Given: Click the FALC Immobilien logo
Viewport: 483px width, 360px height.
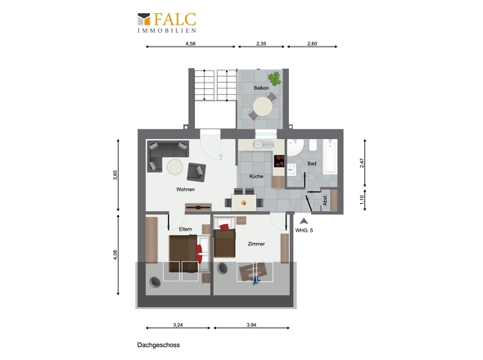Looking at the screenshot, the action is coord(167,22).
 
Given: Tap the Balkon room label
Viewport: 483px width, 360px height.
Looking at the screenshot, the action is coord(261,88).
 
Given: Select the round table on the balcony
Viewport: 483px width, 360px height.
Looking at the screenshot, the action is coord(263,107).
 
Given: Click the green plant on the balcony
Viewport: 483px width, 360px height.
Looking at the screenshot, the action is coord(274,79).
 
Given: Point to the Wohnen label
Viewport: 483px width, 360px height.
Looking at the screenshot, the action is coord(186,189).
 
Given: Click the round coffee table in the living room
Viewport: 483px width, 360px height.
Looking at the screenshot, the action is coord(174,167).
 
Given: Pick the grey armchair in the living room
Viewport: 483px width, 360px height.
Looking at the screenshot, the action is coord(196,172).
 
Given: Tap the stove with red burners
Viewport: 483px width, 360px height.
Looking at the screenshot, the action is coord(279,161).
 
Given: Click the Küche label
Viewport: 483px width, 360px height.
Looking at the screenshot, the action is coord(256,177).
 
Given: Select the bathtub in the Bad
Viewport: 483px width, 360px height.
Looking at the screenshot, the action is coord(330,156).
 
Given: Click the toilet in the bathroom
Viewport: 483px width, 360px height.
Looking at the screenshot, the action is coord(313,145).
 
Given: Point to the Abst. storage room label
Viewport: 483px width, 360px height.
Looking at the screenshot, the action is coord(325,200).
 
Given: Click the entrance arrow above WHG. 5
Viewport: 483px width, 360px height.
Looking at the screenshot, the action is coord(304,221).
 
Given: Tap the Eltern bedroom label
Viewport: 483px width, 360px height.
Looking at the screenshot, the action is coord(186,229).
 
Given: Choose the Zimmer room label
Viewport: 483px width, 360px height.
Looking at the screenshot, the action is coord(256,244).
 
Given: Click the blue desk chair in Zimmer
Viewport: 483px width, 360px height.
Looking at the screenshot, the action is coord(256,281).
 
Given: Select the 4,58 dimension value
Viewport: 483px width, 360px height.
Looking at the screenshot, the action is coord(191,43).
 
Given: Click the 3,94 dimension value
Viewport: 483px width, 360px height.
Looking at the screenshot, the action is coord(251,325).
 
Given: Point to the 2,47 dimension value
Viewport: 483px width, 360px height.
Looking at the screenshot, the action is coord(362,163).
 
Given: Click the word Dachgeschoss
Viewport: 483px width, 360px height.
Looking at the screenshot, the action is coord(158,345).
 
